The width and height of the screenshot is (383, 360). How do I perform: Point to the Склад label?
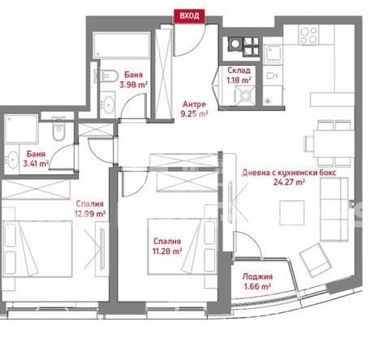tap(239, 71)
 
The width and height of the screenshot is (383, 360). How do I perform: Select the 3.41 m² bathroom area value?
tap(37, 163)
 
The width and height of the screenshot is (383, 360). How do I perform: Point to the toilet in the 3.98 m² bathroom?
tap(103, 79)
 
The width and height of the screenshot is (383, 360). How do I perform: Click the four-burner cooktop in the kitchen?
tap(308, 35)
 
